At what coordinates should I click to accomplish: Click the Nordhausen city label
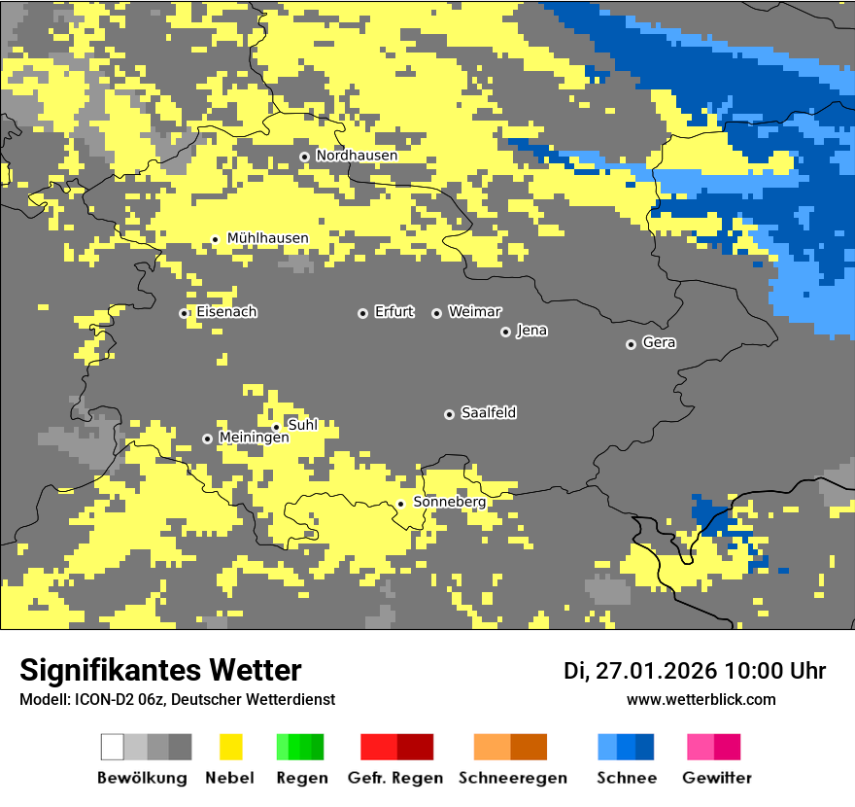coord(357,156)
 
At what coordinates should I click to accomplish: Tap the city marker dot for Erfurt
coord(362,313)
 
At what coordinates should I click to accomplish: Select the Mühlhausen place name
coord(267,238)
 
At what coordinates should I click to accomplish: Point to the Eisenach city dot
coord(184,313)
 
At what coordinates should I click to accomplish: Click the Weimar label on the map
coord(474,312)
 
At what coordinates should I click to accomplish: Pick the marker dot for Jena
coord(505,332)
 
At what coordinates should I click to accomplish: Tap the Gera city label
coord(659,343)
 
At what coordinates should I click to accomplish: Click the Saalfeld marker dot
coord(449,414)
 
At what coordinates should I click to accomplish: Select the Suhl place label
coord(303,425)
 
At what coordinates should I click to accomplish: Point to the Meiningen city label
coord(254,438)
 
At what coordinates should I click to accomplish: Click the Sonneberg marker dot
coord(400,504)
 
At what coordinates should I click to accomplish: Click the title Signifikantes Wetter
coord(160,671)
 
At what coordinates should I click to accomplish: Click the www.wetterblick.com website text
coord(701,700)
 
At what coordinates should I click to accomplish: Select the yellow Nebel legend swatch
coord(230,747)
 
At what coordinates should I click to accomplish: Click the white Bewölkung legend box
coord(113,747)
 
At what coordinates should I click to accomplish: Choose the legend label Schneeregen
coord(512,778)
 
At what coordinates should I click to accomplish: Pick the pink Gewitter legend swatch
coord(701,747)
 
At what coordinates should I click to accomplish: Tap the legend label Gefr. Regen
coord(394,778)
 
